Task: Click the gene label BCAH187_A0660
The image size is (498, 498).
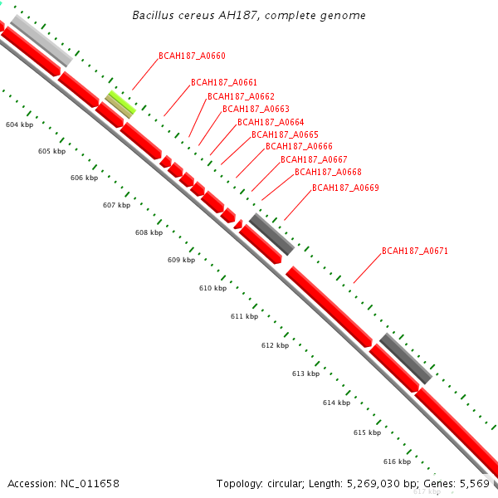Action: click(x=192, y=56)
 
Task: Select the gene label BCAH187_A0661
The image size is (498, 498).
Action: click(x=224, y=83)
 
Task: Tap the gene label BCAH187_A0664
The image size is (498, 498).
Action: click(x=271, y=123)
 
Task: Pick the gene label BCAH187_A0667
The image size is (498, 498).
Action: click(x=314, y=159)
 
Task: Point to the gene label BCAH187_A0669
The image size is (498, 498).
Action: click(x=345, y=188)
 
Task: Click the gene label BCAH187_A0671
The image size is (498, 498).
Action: click(x=415, y=251)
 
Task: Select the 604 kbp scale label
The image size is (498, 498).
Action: click(x=19, y=124)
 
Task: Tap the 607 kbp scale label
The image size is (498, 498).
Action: click(x=116, y=205)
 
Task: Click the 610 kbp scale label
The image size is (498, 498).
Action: click(x=212, y=288)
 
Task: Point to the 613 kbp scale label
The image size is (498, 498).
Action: click(x=305, y=373)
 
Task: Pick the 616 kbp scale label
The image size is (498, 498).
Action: click(x=397, y=461)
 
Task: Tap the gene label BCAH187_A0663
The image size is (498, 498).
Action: click(x=256, y=110)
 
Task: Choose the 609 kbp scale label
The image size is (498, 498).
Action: click(x=181, y=260)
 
